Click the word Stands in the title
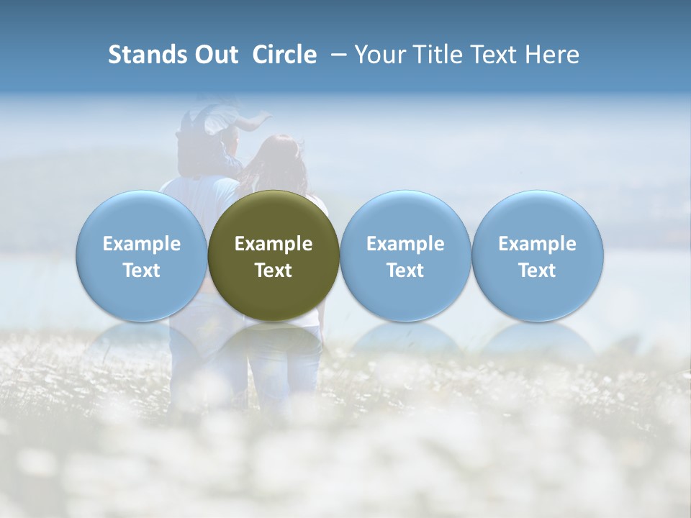click(x=147, y=55)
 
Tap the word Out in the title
click(x=214, y=55)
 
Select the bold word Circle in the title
click(x=284, y=55)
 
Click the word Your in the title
click(x=379, y=55)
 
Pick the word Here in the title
click(x=552, y=55)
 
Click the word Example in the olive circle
click(x=274, y=244)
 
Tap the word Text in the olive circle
click(x=274, y=271)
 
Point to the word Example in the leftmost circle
click(x=142, y=244)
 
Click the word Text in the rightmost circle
click(x=537, y=271)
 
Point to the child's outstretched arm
click(x=252, y=120)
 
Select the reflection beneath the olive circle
click(x=274, y=338)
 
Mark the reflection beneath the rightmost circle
click(x=537, y=338)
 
